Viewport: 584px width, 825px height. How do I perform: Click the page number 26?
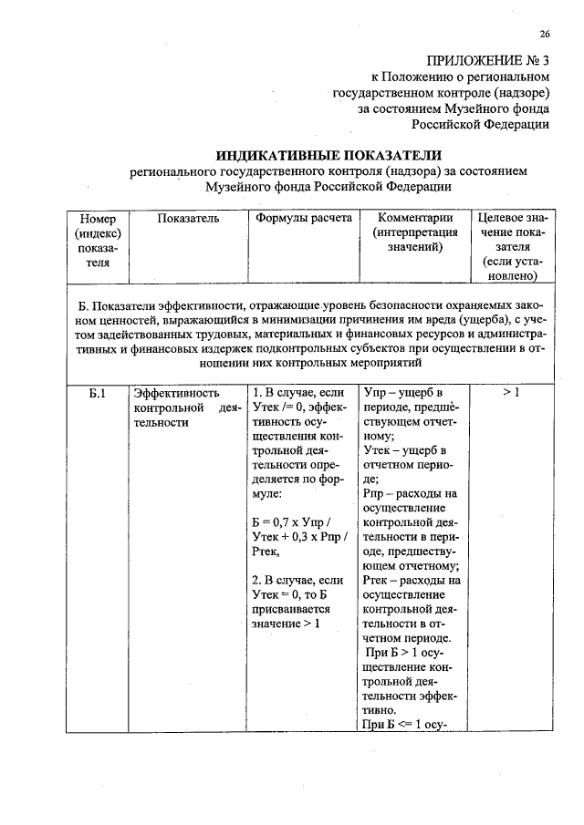pos(544,34)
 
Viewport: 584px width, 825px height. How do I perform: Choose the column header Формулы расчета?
pos(301,219)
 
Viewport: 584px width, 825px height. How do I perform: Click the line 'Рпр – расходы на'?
pos(411,494)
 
